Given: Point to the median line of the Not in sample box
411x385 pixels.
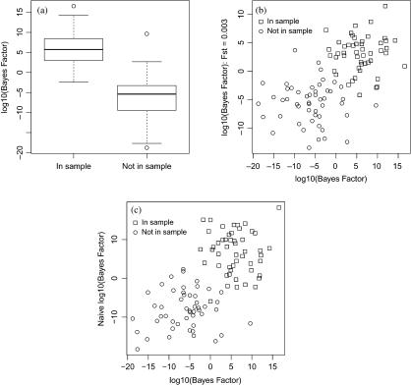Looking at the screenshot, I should click(147, 94).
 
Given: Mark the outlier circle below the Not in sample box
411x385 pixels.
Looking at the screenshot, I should click(147, 148).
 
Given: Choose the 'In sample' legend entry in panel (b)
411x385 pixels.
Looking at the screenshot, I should click(287, 21).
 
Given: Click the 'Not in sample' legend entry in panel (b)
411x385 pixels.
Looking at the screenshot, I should click(293, 30).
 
